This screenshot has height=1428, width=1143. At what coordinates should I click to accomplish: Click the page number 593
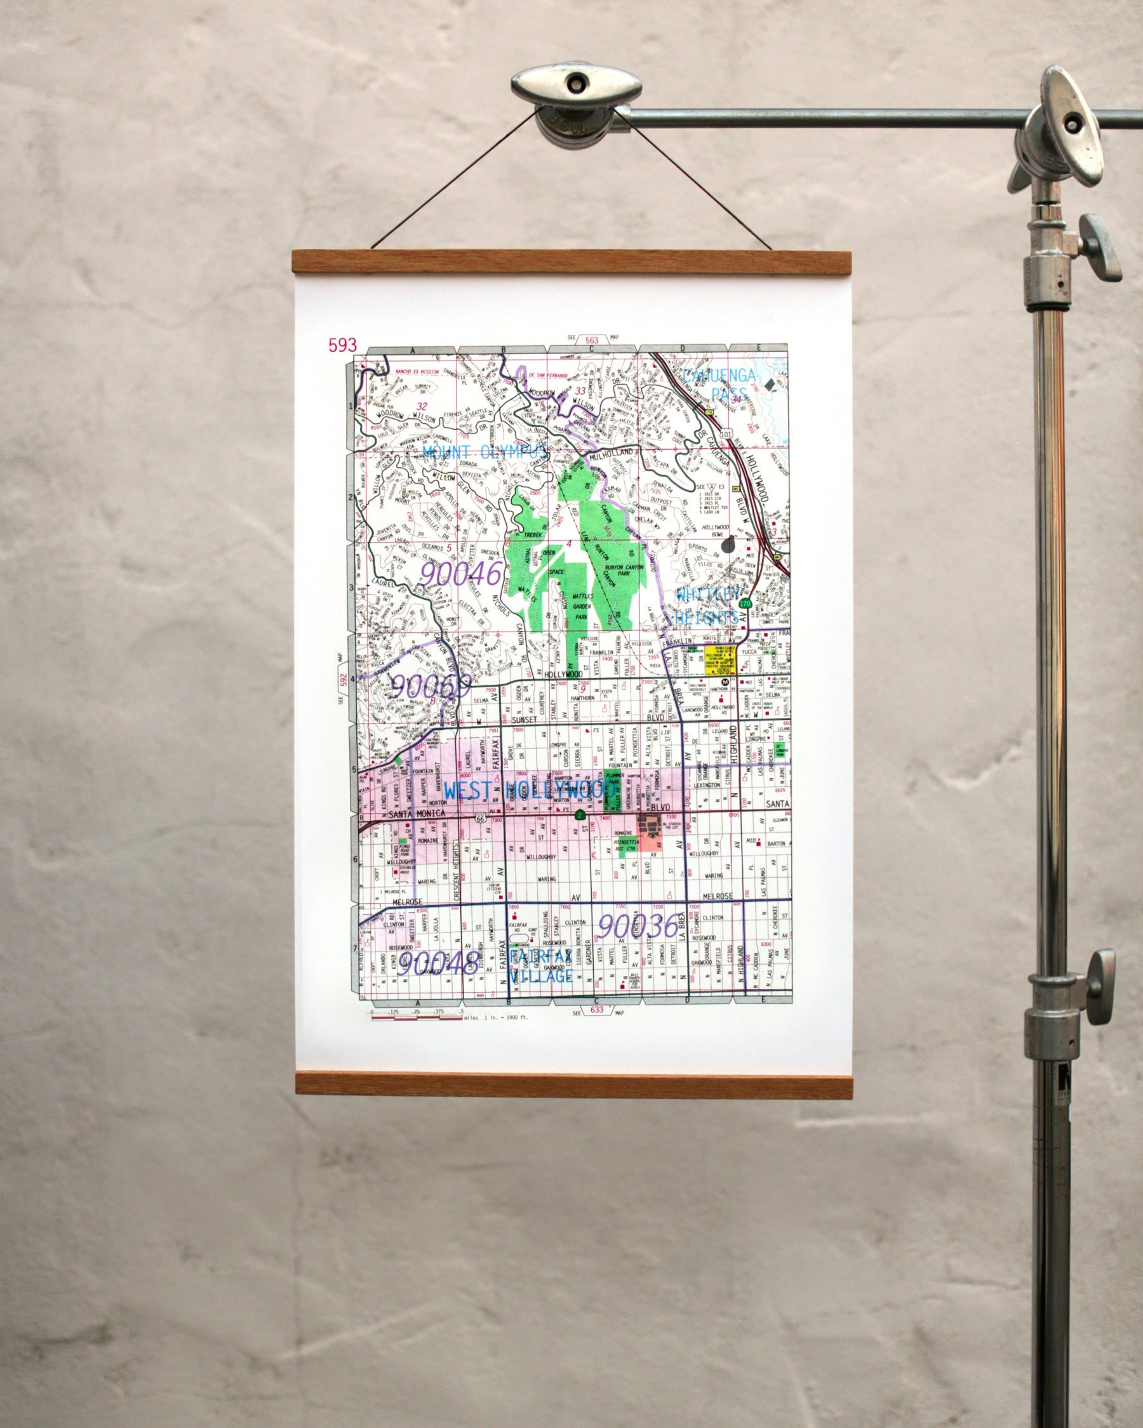[342, 345]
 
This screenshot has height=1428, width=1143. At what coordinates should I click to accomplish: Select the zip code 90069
[431, 686]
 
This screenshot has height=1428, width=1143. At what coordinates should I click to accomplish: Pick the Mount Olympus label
[485, 453]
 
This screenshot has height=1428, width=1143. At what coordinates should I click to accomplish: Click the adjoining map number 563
[592, 340]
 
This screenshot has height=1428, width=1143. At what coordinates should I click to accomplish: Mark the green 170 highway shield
[745, 604]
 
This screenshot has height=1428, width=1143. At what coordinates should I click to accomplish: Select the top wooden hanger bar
[572, 262]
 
